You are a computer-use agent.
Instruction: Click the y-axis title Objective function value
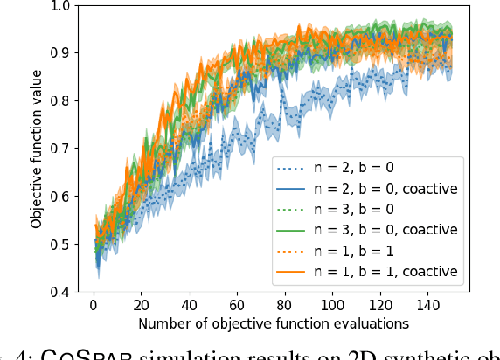coord(35,149)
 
